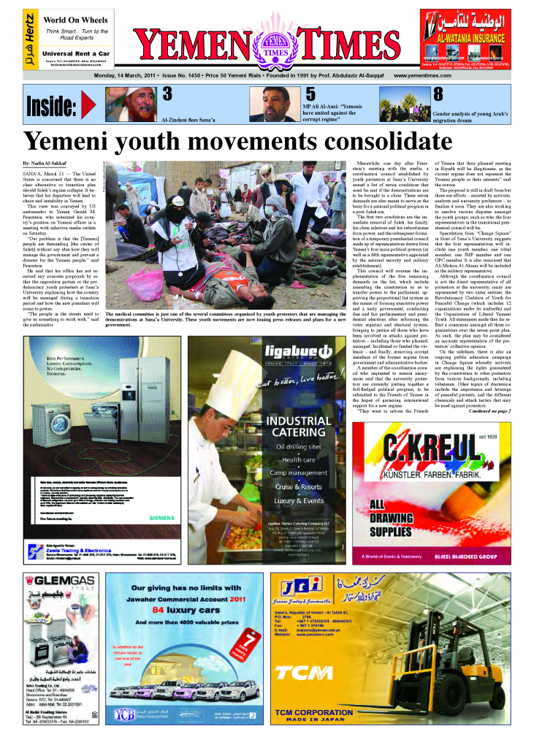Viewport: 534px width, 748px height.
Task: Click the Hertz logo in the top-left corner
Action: [x=29, y=38]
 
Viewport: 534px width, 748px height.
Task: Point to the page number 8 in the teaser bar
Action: [x=438, y=93]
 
